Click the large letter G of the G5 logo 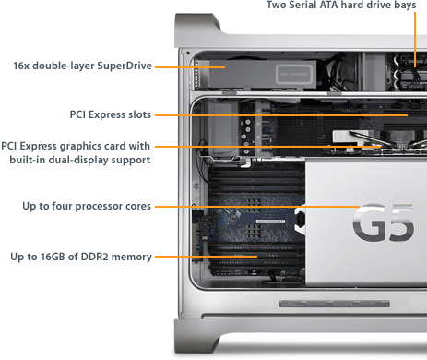pos(369,222)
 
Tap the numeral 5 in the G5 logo pos(399,222)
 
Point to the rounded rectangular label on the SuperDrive pos(294,74)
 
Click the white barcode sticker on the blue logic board pos(270,222)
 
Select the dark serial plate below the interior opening pos(334,304)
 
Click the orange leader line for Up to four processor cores pos(257,207)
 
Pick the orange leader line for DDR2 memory pos(207,257)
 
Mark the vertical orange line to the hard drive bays pos(415,40)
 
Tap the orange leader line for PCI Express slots pos(281,115)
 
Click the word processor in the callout pos(97,206)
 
